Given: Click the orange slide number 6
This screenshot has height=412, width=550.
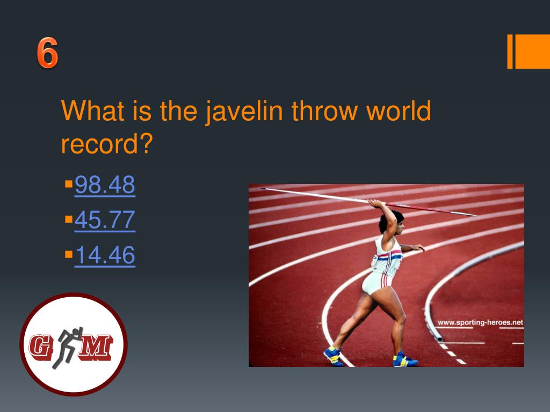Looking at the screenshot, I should (x=47, y=54).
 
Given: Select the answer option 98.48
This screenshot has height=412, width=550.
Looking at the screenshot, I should (x=105, y=186).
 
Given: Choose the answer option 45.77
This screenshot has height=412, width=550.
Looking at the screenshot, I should (x=105, y=220).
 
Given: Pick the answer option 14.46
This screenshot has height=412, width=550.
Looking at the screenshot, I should (x=105, y=255).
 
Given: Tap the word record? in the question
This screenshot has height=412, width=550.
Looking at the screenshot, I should (x=107, y=144).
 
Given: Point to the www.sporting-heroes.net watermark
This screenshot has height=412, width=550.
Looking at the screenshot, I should (x=480, y=322).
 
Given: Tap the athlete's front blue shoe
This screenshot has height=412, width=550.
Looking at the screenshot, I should (x=333, y=355).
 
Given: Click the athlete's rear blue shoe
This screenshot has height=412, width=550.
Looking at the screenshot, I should (x=404, y=359).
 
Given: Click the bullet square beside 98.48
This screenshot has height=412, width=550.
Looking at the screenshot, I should (x=68, y=184).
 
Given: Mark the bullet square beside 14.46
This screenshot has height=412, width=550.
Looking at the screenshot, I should (x=68, y=254).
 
